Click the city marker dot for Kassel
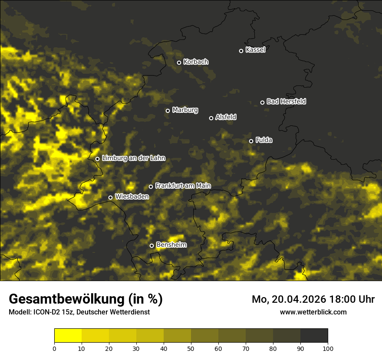coord(241,51)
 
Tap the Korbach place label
coord(196,62)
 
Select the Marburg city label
coord(185,110)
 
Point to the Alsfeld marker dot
coord(211,118)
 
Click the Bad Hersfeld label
coord(286,101)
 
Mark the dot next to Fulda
coord(251,141)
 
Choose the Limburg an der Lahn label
coord(133,158)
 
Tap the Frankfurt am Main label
coord(183,186)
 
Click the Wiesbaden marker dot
coord(110,197)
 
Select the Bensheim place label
coord(171,245)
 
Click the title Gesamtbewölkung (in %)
coord(86,299)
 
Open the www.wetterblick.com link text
coord(313,312)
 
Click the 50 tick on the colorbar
coord(191,348)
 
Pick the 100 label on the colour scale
coord(328,348)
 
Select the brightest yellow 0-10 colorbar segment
coord(68,336)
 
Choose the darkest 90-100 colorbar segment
coord(314,336)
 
